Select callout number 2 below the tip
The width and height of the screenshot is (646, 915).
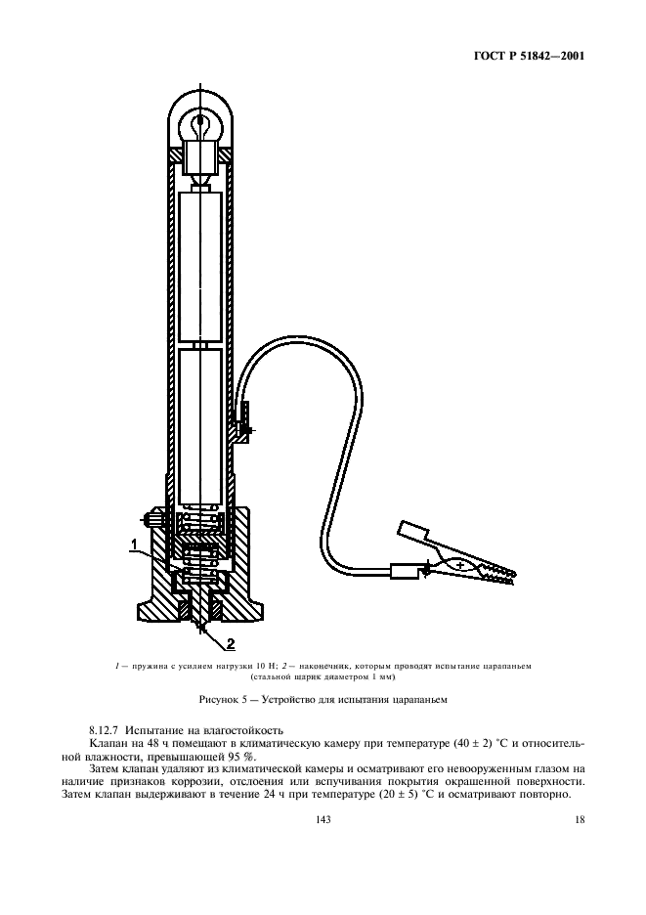point(231,642)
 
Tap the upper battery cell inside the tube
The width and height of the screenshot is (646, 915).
point(201,264)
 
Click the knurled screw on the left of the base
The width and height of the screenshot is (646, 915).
point(151,519)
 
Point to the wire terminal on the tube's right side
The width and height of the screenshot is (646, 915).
point(241,426)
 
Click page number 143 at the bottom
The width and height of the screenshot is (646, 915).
point(323,821)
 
